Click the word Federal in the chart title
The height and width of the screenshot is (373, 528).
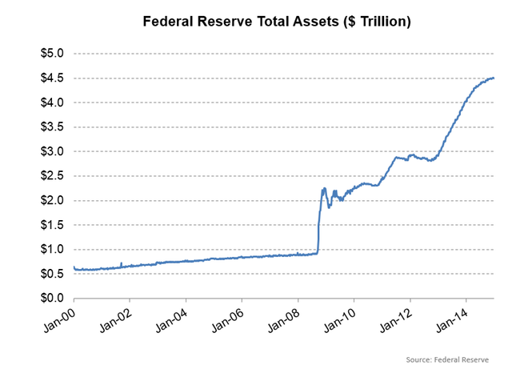click(171, 22)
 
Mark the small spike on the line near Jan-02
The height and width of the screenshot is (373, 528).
click(121, 263)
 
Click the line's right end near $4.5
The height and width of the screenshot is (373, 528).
click(494, 78)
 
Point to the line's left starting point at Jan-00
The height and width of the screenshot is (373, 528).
click(74, 267)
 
